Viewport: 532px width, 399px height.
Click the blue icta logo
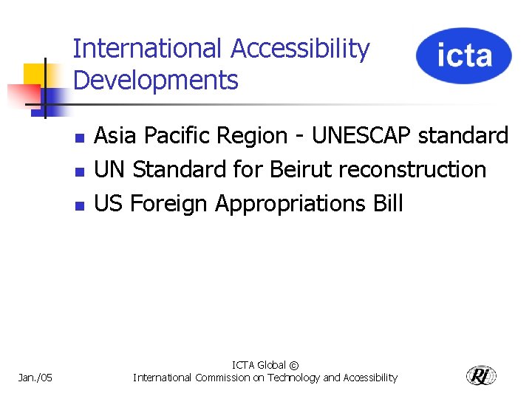click(x=463, y=55)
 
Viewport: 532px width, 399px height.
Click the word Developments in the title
click(x=156, y=80)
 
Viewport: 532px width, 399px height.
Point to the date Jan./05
click(x=35, y=378)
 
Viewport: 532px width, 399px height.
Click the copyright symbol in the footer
click(x=294, y=365)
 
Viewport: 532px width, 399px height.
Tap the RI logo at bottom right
click(x=481, y=376)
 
